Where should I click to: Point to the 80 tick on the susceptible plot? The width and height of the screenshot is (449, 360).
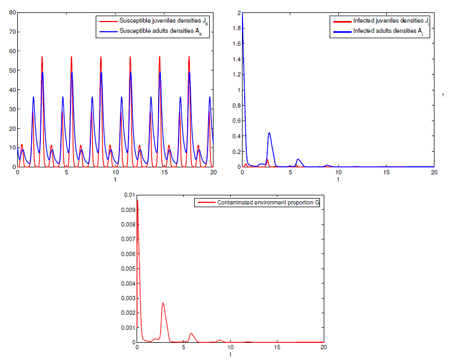(x=11, y=12)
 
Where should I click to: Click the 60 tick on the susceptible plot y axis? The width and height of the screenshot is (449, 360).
(x=11, y=51)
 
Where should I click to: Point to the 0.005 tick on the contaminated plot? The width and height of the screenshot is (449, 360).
(x=125, y=268)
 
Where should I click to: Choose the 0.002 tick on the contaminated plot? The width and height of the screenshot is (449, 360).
(x=125, y=313)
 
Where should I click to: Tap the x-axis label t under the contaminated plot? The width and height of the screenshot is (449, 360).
(x=230, y=355)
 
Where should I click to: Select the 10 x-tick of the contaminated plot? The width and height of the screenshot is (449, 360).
(x=230, y=348)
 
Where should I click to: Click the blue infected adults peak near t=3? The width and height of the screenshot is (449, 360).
(x=269, y=133)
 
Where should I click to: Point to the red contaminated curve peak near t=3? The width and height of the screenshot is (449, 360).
(x=163, y=303)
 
